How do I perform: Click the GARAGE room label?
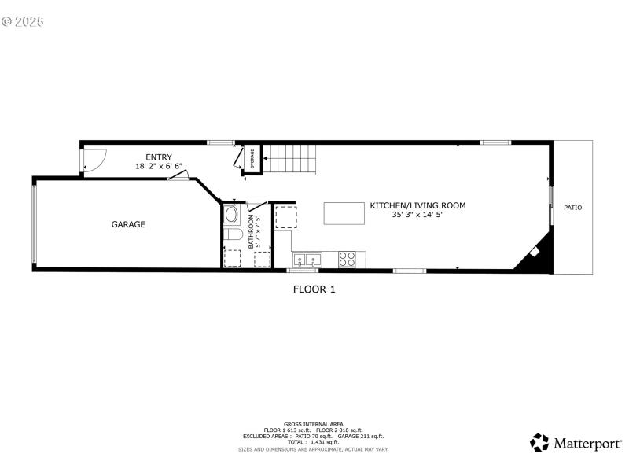coord(128,224)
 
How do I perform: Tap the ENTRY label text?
coord(159,157)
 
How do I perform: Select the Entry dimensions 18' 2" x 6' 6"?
coord(159,167)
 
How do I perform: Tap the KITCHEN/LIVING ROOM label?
coord(417,205)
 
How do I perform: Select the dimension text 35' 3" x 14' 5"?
coord(417,215)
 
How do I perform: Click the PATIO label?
coord(573,208)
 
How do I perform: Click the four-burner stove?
coord(348,258)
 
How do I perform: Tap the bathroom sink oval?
coord(231,214)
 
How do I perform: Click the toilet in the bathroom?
coord(231,235)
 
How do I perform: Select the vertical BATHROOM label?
coord(252,231)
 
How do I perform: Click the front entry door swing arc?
coord(93,162)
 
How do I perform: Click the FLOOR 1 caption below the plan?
coord(314,289)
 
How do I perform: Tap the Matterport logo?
coord(576,443)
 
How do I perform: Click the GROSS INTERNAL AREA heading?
coord(314,424)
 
